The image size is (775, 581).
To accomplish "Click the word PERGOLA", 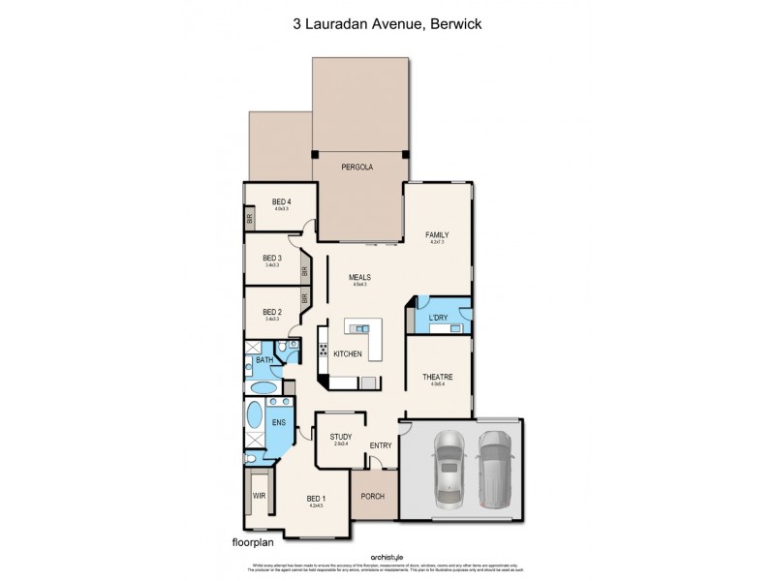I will [357, 168].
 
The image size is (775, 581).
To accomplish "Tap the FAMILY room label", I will [438, 235].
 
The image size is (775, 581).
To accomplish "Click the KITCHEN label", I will [348, 354].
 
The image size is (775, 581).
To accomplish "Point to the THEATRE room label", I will [438, 377].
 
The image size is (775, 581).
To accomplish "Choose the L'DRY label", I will [438, 318].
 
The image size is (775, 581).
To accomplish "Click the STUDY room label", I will [340, 437].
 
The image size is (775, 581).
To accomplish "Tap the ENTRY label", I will [381, 445].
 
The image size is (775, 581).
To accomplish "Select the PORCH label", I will [372, 497].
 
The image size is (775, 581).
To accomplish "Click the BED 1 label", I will [314, 497].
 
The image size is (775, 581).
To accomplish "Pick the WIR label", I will [259, 495].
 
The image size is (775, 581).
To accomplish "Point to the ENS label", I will [278, 423].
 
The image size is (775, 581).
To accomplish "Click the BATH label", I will [263, 360].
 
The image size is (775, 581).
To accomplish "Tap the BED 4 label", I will [281, 201].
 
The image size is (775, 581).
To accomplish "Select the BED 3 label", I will [272, 258].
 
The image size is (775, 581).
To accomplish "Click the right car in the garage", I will [493, 467].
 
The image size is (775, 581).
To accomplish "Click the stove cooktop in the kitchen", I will [324, 341].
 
